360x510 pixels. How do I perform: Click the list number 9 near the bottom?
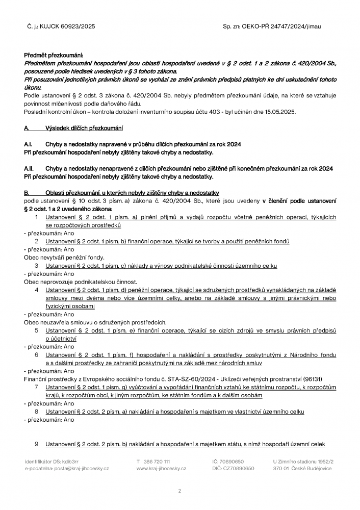pyautogui.click(x=37, y=444)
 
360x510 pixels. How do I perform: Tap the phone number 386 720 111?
pyautogui.click(x=157, y=461)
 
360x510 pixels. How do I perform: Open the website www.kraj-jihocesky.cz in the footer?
pyautogui.click(x=161, y=468)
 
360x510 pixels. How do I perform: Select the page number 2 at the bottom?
pyautogui.click(x=179, y=491)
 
